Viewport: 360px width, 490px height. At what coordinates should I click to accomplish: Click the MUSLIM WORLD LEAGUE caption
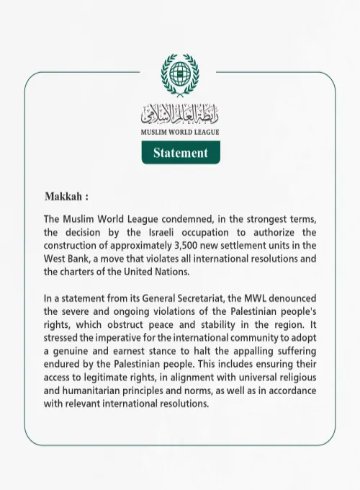(180, 133)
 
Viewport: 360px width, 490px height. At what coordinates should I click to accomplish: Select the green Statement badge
(180, 153)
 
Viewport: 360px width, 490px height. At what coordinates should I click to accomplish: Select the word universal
(258, 377)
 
